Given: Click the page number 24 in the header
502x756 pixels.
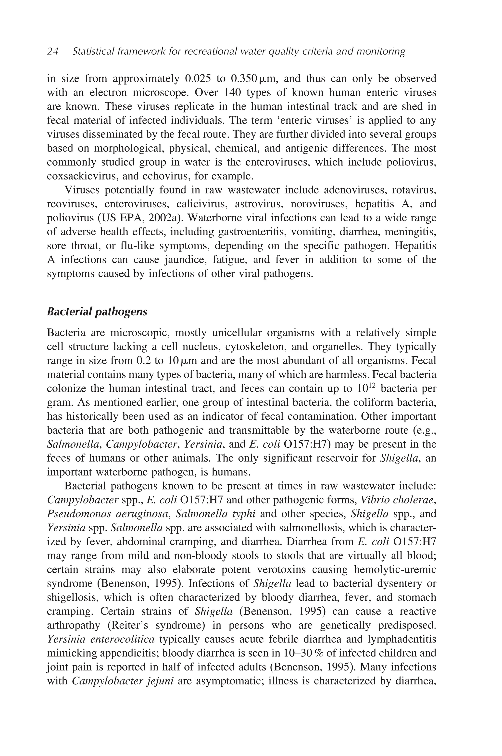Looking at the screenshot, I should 52,51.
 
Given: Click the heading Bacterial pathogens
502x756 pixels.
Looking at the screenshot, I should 97,312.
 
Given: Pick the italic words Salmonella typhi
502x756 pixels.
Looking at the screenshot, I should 215,514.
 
